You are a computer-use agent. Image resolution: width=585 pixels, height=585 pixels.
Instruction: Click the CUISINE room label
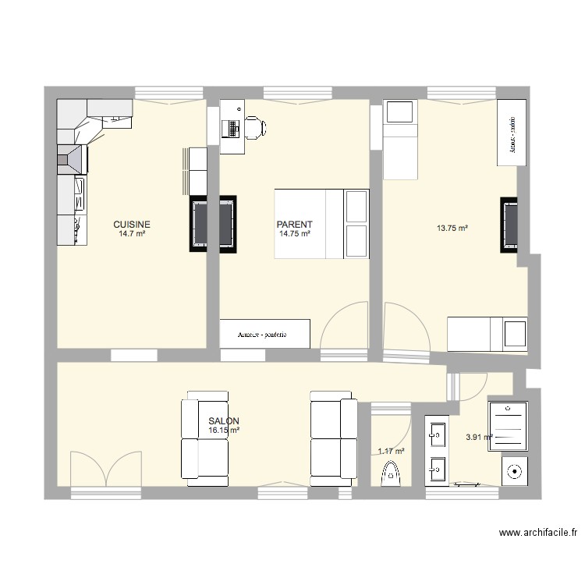[x=132, y=223]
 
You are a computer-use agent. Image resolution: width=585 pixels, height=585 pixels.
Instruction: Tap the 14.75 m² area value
[x=295, y=233]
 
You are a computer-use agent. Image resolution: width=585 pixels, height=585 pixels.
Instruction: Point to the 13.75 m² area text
[x=452, y=229]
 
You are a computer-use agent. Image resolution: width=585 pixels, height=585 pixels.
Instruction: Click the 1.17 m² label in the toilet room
[x=391, y=451]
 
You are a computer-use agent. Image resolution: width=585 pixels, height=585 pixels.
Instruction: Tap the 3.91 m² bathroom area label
[x=478, y=438]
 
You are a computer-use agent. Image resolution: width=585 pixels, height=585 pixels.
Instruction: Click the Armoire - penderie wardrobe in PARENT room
[x=264, y=334]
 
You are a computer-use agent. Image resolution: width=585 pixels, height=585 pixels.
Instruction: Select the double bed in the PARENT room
[x=321, y=223]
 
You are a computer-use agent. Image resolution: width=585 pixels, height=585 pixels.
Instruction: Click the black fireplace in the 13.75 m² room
[x=509, y=225]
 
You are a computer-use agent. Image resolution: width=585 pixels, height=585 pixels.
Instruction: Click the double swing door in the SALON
[x=106, y=468]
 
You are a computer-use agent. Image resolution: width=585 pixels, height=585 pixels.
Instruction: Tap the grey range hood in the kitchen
[x=72, y=158]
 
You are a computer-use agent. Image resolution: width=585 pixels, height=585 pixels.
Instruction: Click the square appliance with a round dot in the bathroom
[x=514, y=470]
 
